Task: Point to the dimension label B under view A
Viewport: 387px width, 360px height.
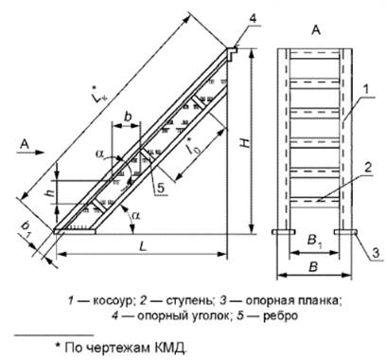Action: click(311, 267)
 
